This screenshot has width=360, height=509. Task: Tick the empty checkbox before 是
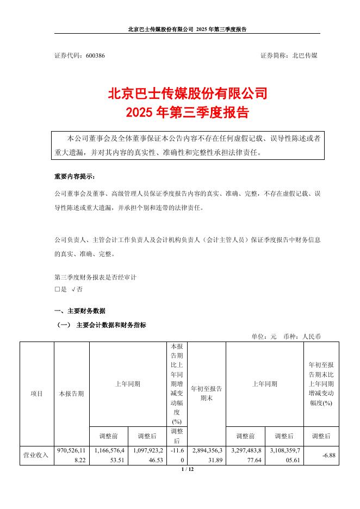pos(57,290)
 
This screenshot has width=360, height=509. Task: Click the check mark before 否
pos(73,290)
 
